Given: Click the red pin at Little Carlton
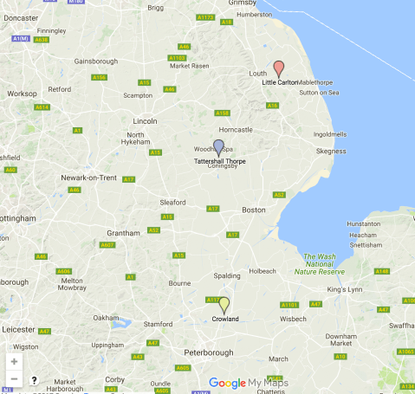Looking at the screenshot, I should tap(278, 68).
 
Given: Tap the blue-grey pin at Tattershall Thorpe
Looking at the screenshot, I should tap(218, 147).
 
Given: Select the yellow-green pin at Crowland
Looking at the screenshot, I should tap(224, 305).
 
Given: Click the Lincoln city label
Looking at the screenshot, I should tap(145, 121).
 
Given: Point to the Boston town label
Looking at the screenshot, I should tap(254, 210).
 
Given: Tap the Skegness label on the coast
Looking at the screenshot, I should tap(330, 151).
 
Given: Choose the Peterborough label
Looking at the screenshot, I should tap(211, 352).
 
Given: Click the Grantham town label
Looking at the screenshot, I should tap(123, 233).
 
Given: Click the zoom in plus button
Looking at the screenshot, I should tap(14, 360).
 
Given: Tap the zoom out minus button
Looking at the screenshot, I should tap(14, 378).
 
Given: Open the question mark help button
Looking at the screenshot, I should tap(34, 379).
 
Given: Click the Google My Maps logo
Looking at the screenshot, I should tap(250, 383).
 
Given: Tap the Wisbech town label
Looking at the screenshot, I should tap(293, 318).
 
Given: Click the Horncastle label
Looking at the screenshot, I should tap(236, 129).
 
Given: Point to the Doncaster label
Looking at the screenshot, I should tap(22, 17).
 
